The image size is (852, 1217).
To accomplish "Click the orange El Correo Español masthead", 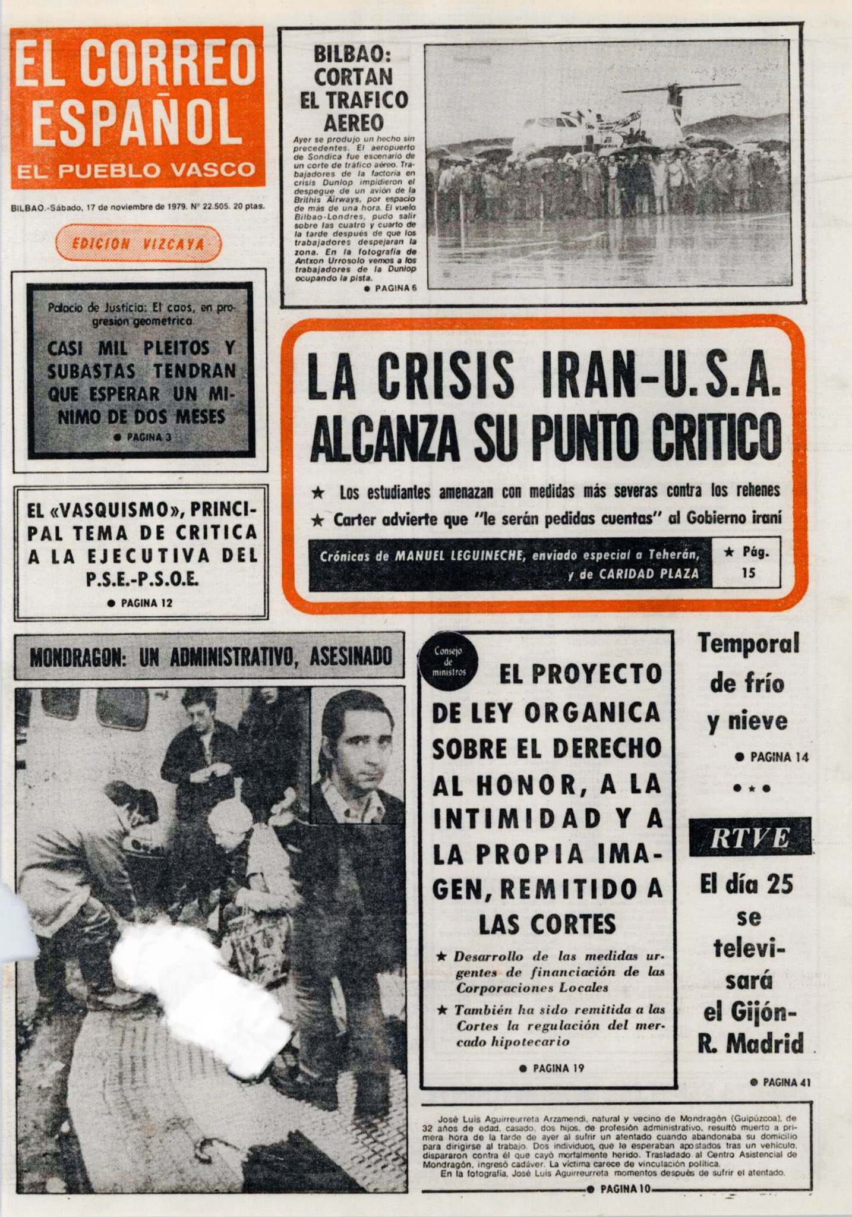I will (137, 107).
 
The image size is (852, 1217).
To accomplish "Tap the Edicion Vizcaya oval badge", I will (138, 244).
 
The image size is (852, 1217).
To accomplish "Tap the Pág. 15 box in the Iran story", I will (746, 562).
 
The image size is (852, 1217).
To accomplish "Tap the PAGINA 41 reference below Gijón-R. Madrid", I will (780, 1082).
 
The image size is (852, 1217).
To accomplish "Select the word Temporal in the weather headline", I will (749, 644).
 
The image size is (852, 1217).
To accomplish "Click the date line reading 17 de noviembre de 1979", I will (134, 207).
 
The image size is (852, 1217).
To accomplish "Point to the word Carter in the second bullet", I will (355, 519).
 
